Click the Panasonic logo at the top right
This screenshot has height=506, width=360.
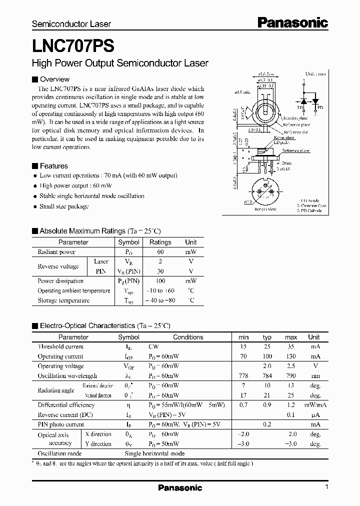point(292,22)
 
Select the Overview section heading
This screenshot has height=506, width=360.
point(54,79)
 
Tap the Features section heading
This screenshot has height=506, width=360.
point(53,166)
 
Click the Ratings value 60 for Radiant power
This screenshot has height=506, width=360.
point(160,252)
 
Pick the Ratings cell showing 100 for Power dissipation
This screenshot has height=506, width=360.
point(160,281)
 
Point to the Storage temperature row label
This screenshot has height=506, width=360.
point(63,300)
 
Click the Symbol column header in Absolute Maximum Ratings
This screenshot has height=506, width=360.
point(128,242)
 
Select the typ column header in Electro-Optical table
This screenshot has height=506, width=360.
point(267,337)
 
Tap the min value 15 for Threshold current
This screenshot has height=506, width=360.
point(243,346)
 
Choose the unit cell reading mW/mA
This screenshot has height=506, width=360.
point(314,405)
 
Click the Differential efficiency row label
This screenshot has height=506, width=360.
point(66,405)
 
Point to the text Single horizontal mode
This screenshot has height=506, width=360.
point(154,453)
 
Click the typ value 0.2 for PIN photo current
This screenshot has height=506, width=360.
point(267,424)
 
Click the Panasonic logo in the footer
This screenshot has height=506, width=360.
point(180,488)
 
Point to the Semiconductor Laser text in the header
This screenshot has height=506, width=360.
point(71,24)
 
